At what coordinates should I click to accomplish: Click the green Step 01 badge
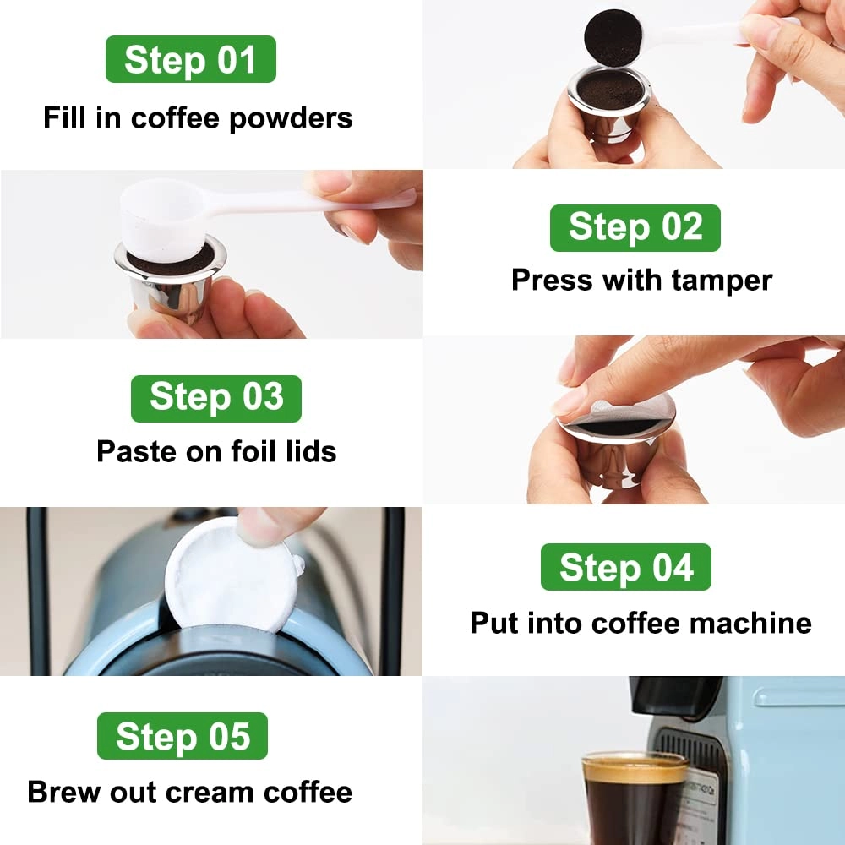point(190,59)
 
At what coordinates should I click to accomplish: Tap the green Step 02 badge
point(635,228)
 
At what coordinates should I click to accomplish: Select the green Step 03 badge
point(215,398)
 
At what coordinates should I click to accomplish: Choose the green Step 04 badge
point(625,567)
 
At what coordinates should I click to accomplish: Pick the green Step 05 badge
point(183,736)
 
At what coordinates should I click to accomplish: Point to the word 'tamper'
point(725,280)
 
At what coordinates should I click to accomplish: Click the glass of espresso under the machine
point(634,799)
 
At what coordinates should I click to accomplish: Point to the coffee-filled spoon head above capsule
point(613,38)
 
